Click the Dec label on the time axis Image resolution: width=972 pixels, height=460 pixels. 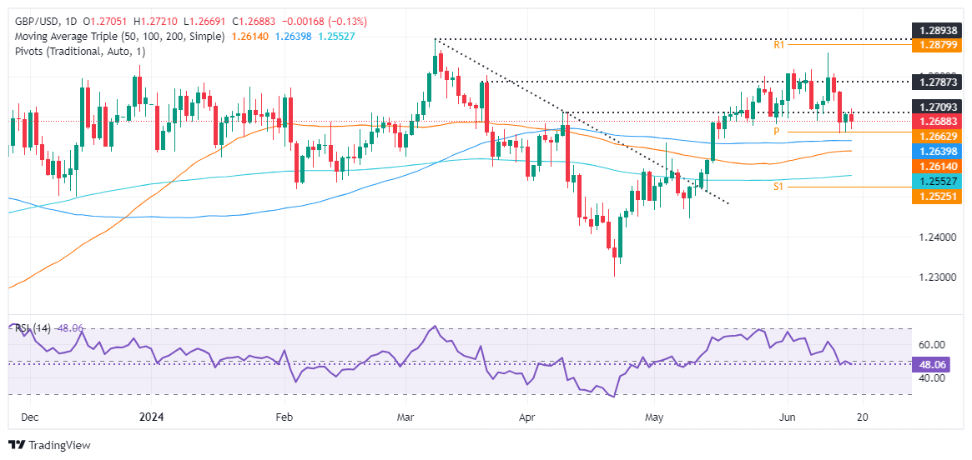(29, 417)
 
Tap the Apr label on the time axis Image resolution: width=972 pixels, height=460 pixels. (526, 417)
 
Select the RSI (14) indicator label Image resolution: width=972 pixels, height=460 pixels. (32, 328)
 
